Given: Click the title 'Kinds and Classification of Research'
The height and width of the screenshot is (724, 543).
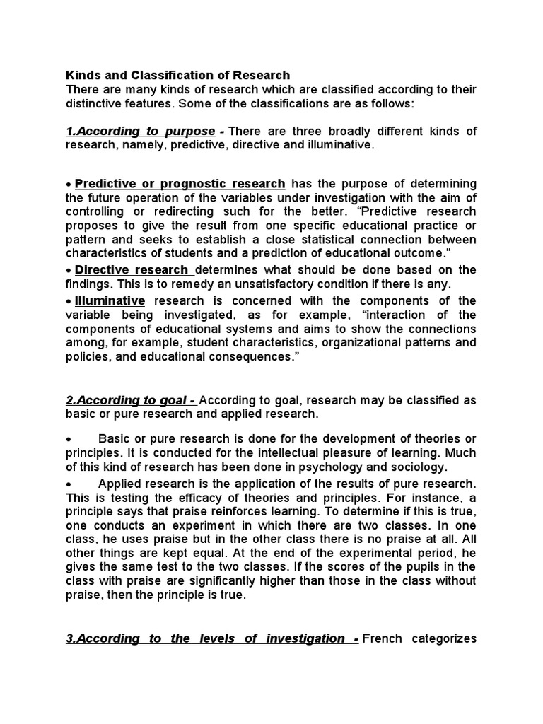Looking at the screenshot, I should tap(177, 76).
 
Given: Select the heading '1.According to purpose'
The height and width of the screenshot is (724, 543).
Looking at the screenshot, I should tap(140, 132).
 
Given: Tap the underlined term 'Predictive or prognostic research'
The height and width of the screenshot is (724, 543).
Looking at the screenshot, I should tap(180, 184).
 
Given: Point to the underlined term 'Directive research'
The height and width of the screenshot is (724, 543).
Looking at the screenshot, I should tap(133, 269).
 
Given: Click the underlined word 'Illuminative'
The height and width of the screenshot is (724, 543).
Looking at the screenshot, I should tap(110, 301).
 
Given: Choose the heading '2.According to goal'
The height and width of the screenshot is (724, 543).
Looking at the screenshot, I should tap(130, 400).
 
